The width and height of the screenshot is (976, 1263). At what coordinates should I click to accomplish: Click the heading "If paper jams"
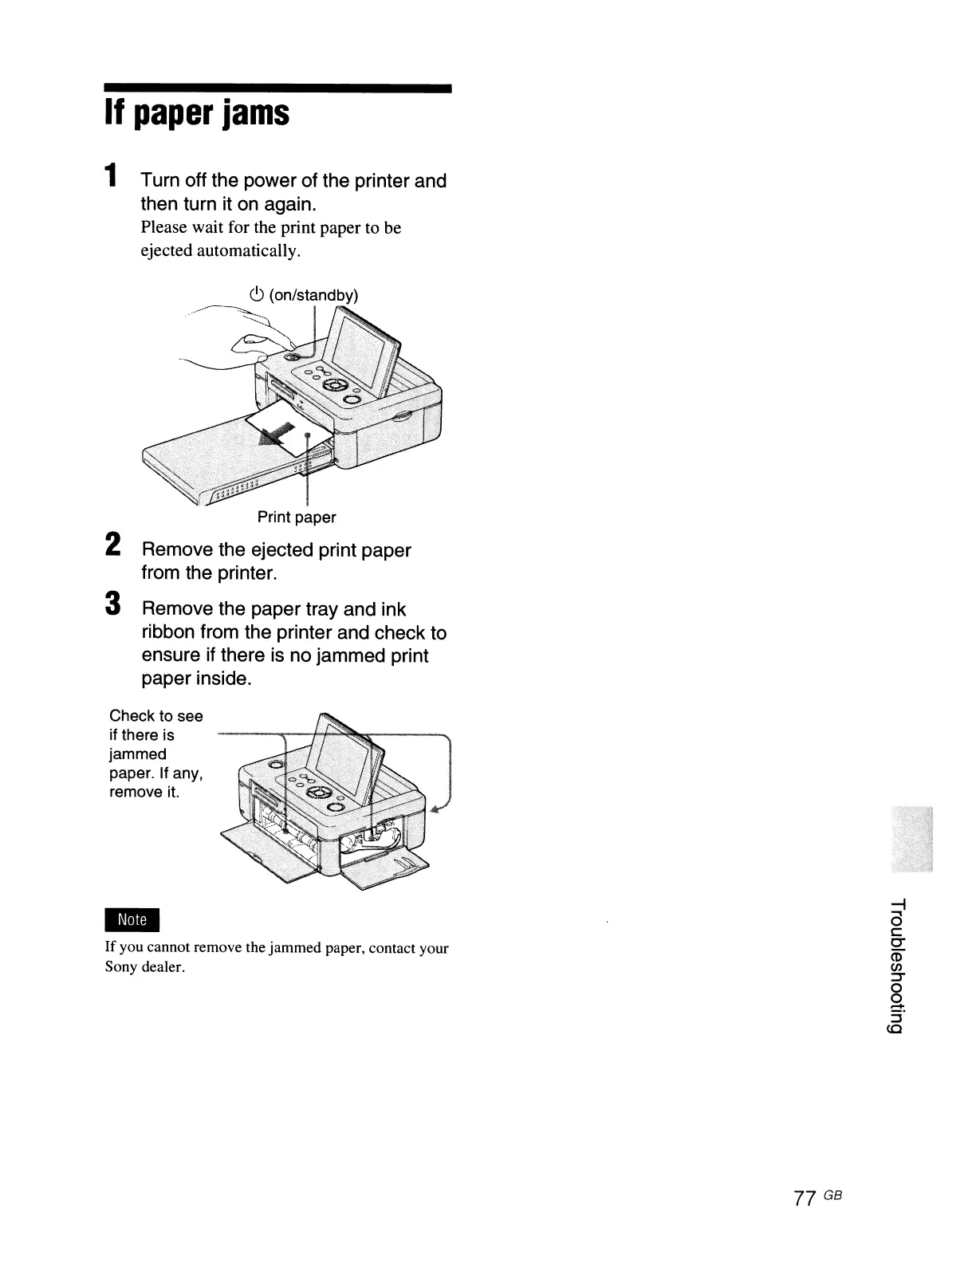[x=196, y=114]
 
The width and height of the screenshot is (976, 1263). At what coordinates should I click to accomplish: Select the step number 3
[x=113, y=602]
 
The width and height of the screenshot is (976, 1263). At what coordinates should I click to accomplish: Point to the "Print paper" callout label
[x=297, y=517]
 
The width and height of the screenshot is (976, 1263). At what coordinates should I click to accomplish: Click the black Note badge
[x=132, y=919]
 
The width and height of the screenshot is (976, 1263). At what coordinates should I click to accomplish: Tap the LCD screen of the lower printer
[x=343, y=757]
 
